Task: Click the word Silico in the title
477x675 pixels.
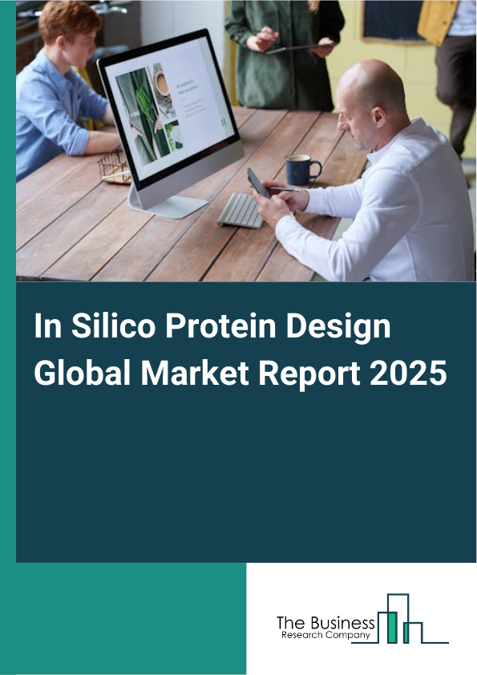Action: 98,329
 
